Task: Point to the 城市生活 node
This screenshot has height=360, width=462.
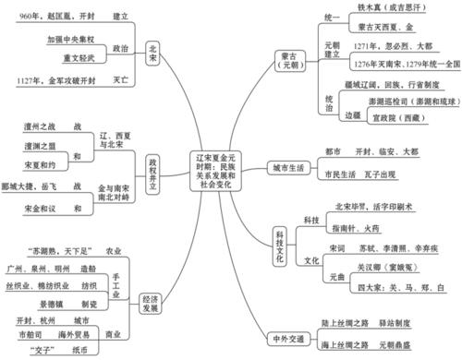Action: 285,168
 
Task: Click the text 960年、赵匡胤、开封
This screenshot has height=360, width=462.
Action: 51,16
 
